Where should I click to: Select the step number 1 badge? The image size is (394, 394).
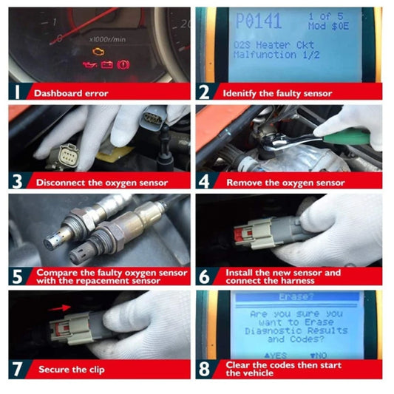pos(17,93)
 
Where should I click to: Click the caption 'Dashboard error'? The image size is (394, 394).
pos(71,94)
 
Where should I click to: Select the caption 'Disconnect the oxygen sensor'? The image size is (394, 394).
pos(101,182)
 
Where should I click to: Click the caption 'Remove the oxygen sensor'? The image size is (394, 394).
pos(285,182)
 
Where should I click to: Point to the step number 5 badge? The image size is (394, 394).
pos(17,276)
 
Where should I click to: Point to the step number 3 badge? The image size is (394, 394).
pos(17,182)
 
